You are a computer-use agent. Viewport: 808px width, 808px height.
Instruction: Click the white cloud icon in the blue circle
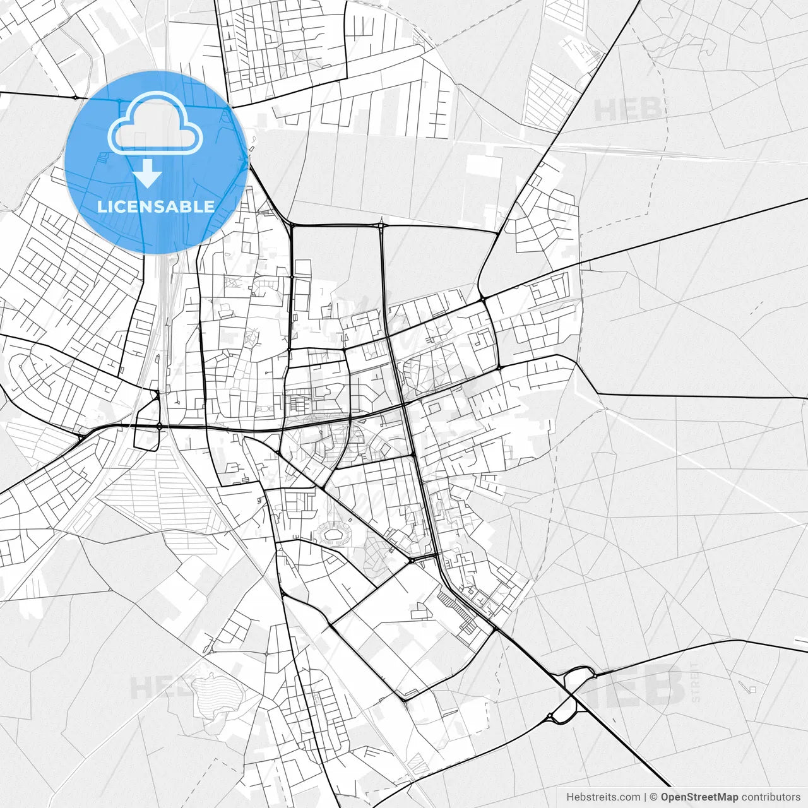155,123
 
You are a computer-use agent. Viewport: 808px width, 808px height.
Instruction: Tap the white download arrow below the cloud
148,174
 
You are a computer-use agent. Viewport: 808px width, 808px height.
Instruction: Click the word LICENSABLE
156,206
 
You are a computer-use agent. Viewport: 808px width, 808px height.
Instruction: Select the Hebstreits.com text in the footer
603,797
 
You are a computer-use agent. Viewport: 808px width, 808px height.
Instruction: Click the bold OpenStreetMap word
699,797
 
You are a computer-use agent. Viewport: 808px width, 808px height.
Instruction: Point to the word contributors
771,797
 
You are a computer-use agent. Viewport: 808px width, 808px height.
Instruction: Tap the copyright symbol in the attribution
654,797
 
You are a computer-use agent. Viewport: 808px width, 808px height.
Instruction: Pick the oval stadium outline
335,536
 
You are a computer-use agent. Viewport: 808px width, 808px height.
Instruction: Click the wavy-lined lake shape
215,694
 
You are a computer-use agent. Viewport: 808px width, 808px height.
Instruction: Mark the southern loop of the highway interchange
561,713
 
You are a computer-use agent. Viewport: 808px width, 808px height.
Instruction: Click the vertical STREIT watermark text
695,683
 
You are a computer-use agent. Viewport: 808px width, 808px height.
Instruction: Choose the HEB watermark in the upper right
627,110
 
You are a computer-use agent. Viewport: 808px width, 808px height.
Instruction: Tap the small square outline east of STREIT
752,689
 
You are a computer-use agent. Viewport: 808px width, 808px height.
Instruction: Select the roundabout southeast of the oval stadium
411,560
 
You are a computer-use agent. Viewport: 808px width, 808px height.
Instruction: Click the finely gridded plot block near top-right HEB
549,98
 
